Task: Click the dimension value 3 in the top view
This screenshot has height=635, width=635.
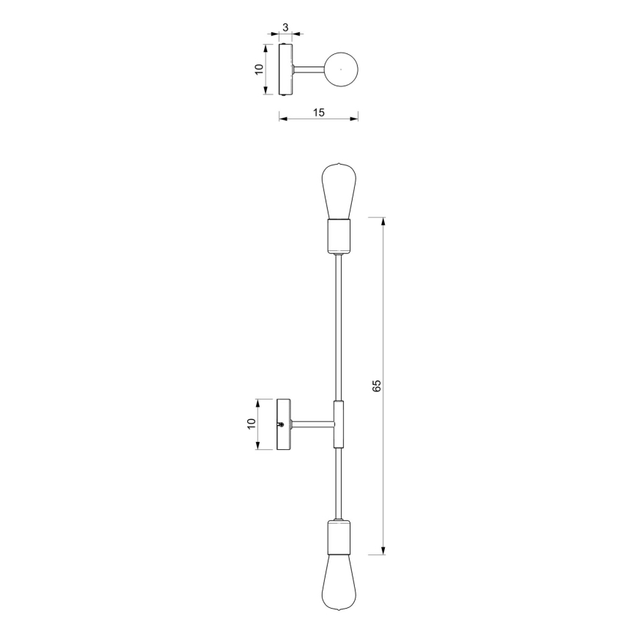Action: click(285, 28)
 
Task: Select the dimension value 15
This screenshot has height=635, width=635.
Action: click(319, 113)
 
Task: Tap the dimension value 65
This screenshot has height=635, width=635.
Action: click(376, 386)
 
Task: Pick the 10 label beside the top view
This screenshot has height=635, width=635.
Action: click(259, 69)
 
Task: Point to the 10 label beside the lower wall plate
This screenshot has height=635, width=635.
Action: click(252, 424)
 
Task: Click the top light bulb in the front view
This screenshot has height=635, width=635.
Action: click(339, 191)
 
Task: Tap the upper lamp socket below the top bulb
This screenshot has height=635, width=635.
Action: click(339, 236)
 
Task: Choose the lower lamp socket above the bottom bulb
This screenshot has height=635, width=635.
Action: click(339, 536)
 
